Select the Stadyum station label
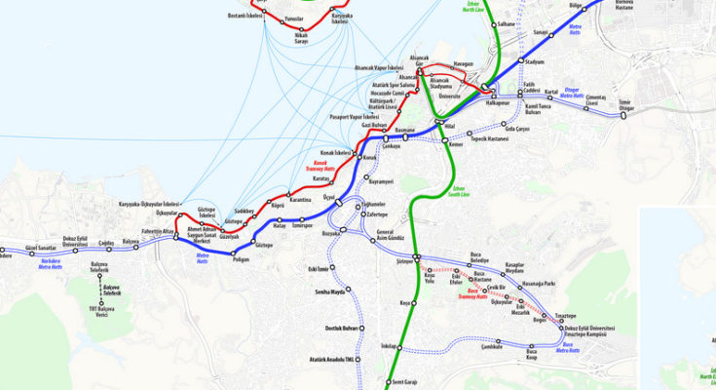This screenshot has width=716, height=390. [533, 61]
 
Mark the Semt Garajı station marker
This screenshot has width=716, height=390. [388, 382]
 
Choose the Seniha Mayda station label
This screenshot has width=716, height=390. [330, 292]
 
